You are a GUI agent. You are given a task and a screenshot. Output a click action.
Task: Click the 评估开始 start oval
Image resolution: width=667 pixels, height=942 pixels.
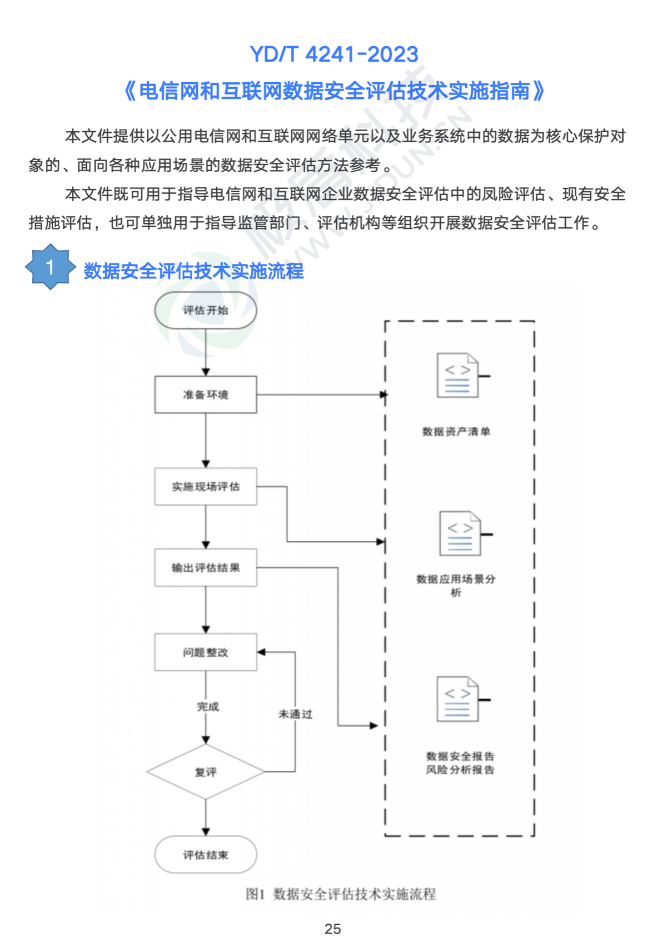(206, 310)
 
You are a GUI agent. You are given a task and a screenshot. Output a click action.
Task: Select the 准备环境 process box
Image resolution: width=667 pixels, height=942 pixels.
(206, 395)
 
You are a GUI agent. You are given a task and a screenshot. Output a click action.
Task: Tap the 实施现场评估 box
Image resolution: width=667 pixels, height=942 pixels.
(206, 486)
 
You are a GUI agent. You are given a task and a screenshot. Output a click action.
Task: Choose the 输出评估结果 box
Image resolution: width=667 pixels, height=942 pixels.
(206, 567)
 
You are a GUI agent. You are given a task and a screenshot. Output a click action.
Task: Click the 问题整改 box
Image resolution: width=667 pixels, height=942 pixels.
(206, 652)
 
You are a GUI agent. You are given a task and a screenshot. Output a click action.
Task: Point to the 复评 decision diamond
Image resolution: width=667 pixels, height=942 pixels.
(206, 772)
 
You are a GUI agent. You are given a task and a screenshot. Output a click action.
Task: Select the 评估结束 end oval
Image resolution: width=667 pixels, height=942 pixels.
(206, 855)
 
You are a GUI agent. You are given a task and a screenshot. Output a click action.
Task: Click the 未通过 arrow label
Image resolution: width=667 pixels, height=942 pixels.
(295, 714)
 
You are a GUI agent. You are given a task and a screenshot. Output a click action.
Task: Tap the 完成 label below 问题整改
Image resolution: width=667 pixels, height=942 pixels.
(208, 706)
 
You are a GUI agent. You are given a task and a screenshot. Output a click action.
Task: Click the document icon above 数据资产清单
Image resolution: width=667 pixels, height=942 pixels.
(458, 375)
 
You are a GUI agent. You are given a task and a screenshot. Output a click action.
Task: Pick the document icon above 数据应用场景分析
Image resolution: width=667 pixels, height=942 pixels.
(460, 534)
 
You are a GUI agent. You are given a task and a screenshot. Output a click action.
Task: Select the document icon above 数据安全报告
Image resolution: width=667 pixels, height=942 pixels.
(458, 699)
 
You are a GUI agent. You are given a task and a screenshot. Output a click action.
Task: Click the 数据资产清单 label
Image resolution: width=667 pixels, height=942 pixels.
(456, 431)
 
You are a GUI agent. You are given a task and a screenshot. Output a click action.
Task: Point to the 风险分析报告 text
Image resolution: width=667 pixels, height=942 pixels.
(460, 770)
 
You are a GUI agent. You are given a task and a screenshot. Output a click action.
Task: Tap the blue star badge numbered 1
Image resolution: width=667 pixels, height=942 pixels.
(50, 267)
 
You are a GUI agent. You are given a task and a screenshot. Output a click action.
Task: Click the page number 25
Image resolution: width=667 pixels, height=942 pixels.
(332, 929)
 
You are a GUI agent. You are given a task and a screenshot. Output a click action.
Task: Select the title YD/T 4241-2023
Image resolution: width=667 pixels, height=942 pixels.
(333, 54)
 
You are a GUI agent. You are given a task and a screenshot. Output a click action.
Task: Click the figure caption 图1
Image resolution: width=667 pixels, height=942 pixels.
(255, 894)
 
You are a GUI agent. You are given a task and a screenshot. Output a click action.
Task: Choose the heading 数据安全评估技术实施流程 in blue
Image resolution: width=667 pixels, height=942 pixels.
(193, 271)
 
